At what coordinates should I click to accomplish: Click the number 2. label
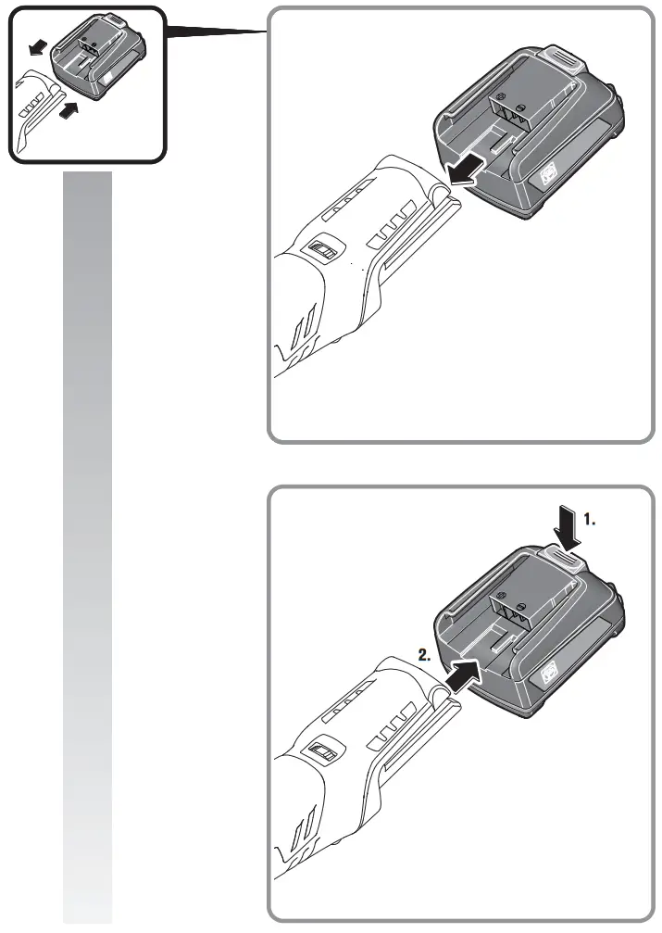(424, 653)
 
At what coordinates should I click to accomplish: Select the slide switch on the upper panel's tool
(324, 253)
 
